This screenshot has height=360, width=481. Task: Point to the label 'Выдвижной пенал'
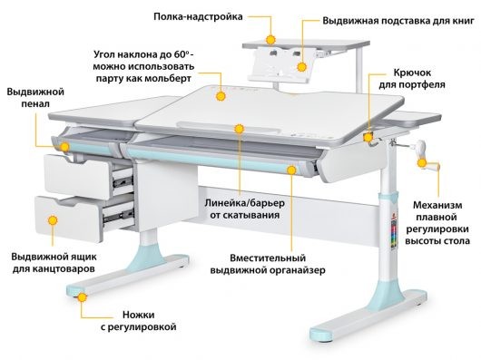click(x=34, y=101)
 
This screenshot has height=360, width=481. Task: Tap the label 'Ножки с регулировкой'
click(x=135, y=318)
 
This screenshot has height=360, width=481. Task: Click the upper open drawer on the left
click(x=82, y=173)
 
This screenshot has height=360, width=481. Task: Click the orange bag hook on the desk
click(x=368, y=138)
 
